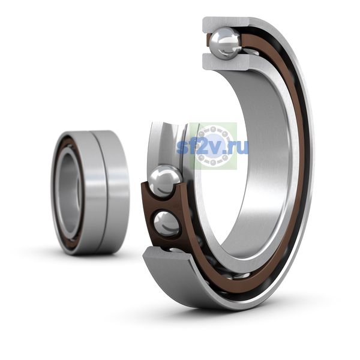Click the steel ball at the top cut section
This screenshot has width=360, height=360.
(226, 43)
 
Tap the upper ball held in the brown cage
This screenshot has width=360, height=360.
(165, 181)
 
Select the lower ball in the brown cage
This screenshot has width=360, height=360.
(167, 223)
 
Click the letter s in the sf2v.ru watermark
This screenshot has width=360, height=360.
(181, 148)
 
